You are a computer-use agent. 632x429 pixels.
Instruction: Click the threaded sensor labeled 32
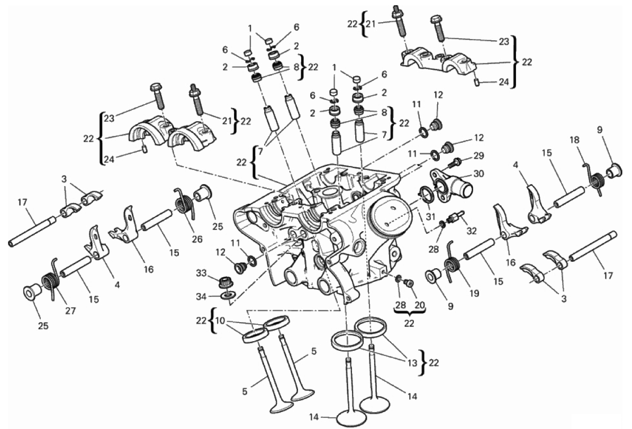point(454,218)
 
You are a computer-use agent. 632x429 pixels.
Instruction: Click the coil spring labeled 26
point(184,202)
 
